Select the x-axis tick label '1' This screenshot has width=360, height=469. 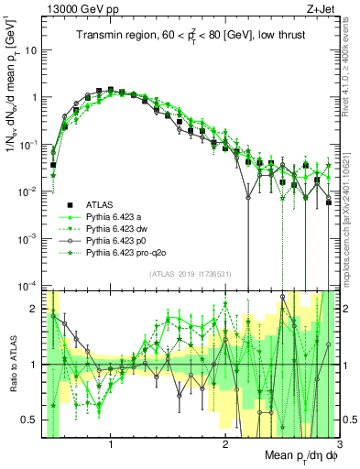(x=111, y=444)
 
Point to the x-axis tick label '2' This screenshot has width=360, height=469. (x=224, y=444)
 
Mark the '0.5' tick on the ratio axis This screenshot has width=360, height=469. (x=32, y=420)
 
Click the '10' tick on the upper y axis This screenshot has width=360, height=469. (x=32, y=50)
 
